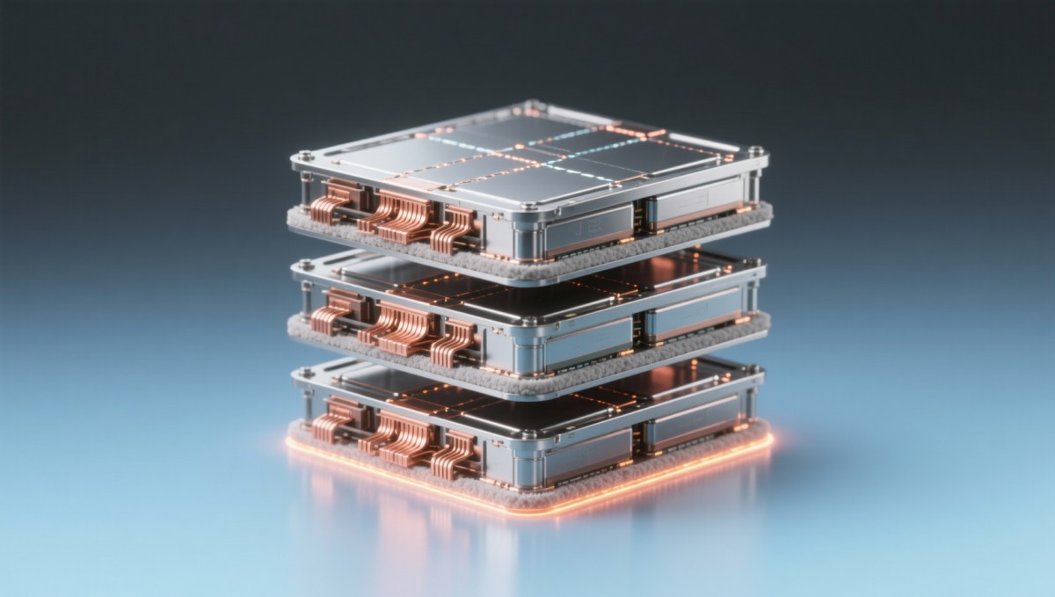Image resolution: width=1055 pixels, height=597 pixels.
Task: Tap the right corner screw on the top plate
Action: coord(753,151)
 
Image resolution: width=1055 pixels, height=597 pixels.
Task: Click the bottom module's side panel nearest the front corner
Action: coord(586,454)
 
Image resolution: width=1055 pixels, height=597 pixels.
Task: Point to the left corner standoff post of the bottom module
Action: coord(308,405)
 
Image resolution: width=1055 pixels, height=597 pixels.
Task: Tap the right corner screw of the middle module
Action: coord(753,261)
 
